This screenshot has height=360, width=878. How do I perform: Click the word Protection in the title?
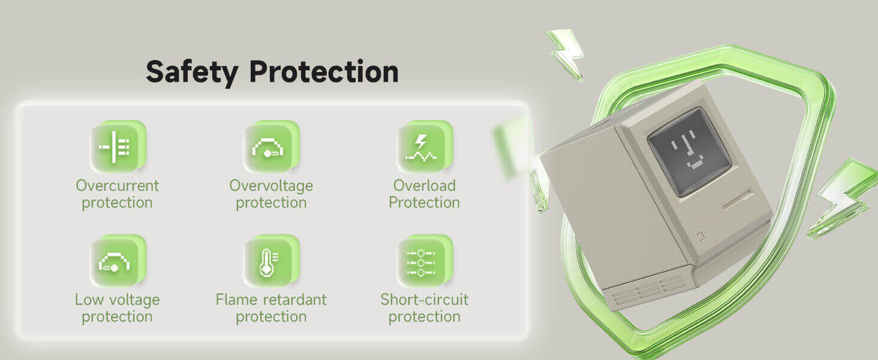324,71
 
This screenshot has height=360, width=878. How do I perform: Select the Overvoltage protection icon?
271,147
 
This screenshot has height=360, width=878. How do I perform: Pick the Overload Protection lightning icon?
425,147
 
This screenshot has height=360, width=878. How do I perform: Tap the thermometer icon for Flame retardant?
271,261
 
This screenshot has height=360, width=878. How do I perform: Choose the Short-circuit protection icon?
425,261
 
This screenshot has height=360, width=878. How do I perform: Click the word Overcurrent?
117,185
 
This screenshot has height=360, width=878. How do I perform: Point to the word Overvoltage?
271,186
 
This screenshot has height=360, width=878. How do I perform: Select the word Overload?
425,185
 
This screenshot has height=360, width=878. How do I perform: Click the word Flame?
236,299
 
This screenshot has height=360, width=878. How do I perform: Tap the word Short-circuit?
425,299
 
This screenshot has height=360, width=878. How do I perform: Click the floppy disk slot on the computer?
737,200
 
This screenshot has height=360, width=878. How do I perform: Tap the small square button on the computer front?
700,236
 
